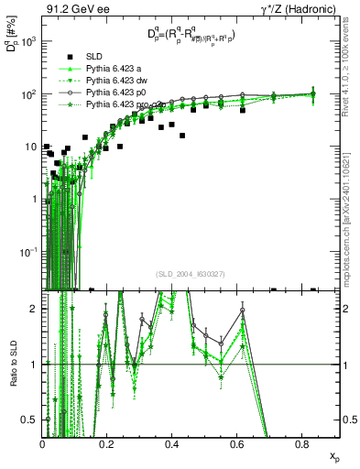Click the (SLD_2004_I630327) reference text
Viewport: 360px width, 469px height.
click(x=192, y=274)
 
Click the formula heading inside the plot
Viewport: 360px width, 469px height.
click(x=191, y=37)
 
